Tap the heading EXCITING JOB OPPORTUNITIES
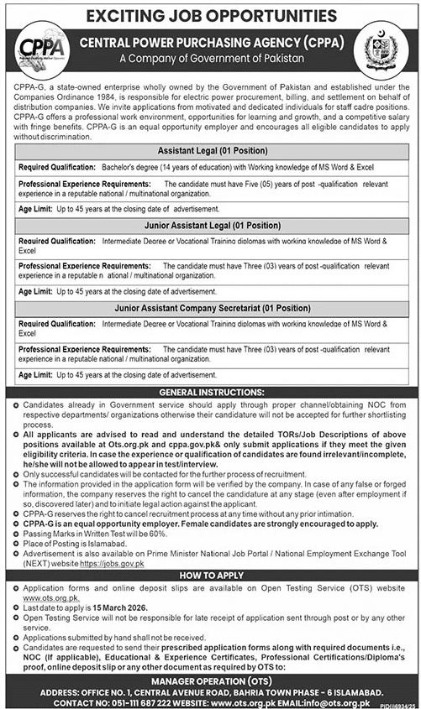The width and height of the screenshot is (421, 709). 210,14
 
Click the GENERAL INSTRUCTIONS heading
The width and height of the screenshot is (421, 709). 209,391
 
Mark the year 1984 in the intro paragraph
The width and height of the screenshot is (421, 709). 96,96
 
